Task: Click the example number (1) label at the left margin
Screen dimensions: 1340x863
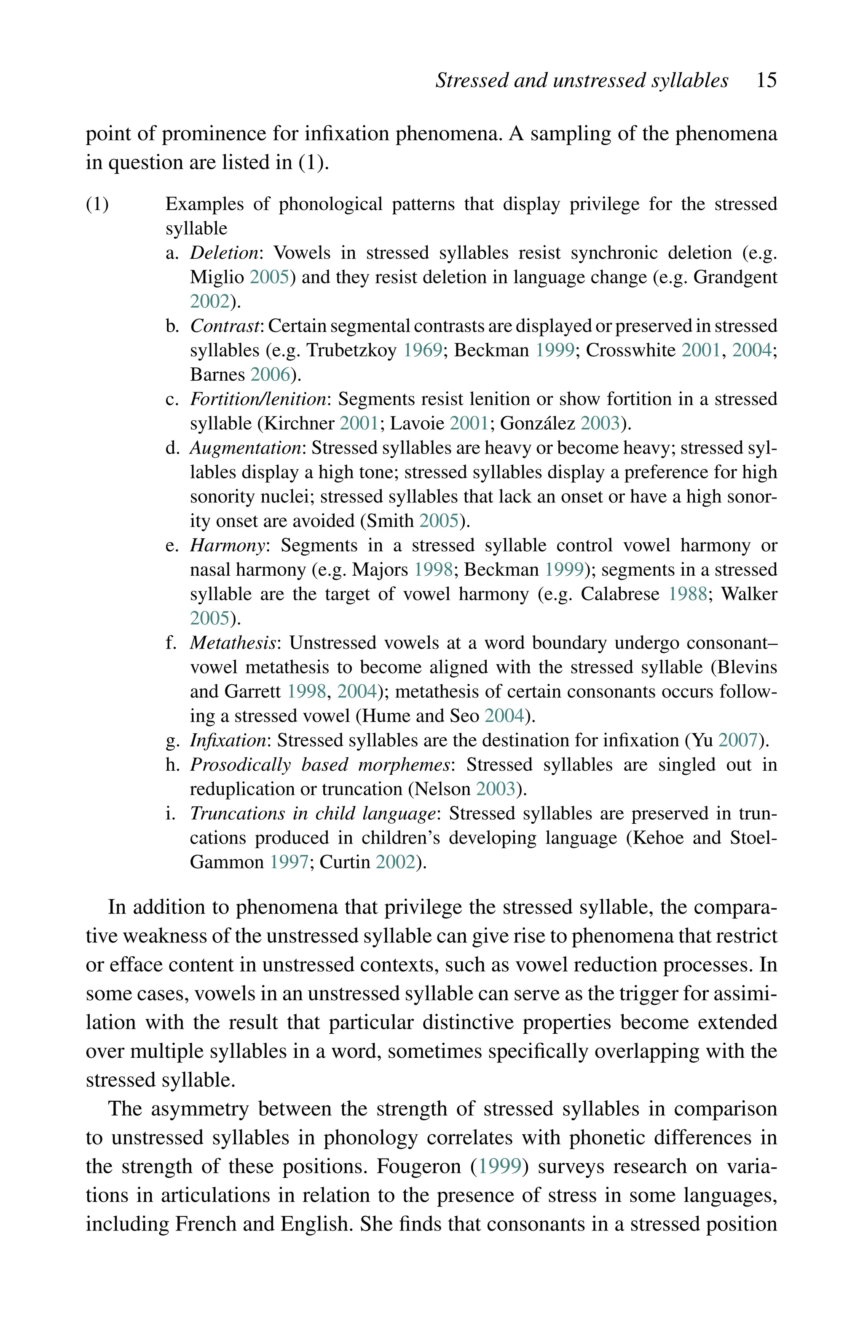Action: (97, 204)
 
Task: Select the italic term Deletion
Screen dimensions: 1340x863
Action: (224, 253)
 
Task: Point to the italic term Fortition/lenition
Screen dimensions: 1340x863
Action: (258, 399)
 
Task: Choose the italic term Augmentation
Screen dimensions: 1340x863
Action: (245, 448)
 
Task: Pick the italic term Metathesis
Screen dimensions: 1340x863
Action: (233, 643)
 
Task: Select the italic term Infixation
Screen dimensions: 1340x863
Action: (228, 740)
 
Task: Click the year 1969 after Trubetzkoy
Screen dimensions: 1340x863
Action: (423, 350)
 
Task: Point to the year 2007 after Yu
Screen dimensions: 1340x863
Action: (737, 740)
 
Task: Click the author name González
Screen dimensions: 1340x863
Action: (537, 423)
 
